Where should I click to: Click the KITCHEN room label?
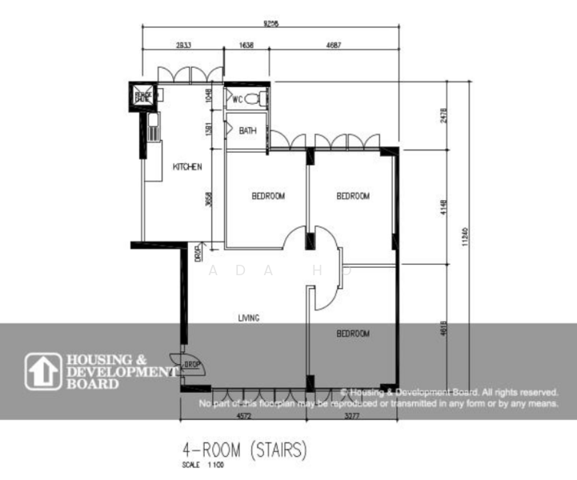pyautogui.click(x=187, y=167)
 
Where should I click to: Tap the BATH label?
pyautogui.click(x=247, y=131)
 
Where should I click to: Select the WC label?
pyautogui.click(x=237, y=99)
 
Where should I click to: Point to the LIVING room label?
pyautogui.click(x=248, y=318)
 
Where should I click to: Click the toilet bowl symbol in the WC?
pyautogui.click(x=254, y=99)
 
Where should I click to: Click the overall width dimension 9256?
pyautogui.click(x=269, y=23)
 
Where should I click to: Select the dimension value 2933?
pyautogui.click(x=179, y=46)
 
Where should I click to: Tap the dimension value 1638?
pyautogui.click(x=246, y=46)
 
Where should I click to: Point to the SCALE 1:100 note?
pyautogui.click(x=199, y=465)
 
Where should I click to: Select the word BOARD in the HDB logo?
pyautogui.click(x=94, y=383)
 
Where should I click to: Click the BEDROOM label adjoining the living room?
pyautogui.click(x=352, y=334)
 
